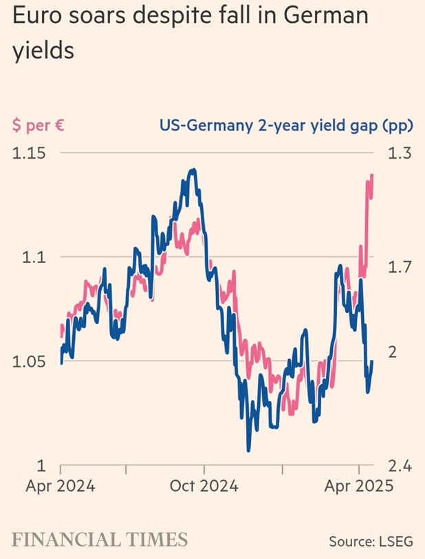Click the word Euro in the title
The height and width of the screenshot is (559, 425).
(x=39, y=17)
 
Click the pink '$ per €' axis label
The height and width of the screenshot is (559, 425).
(x=40, y=126)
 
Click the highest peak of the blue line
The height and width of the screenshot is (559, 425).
(x=195, y=170)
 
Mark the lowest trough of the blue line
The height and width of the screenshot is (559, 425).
(x=248, y=450)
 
